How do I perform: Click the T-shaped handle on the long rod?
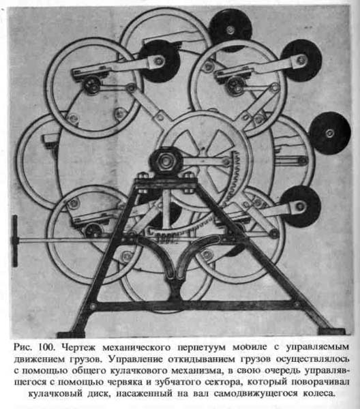[15, 241]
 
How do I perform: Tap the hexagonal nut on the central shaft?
[166, 162]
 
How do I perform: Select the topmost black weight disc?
[230, 29]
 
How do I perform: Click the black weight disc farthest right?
[329, 133]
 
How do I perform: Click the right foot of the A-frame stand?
[331, 331]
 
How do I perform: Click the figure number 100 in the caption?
[46, 347]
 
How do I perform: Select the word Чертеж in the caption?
[79, 348]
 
